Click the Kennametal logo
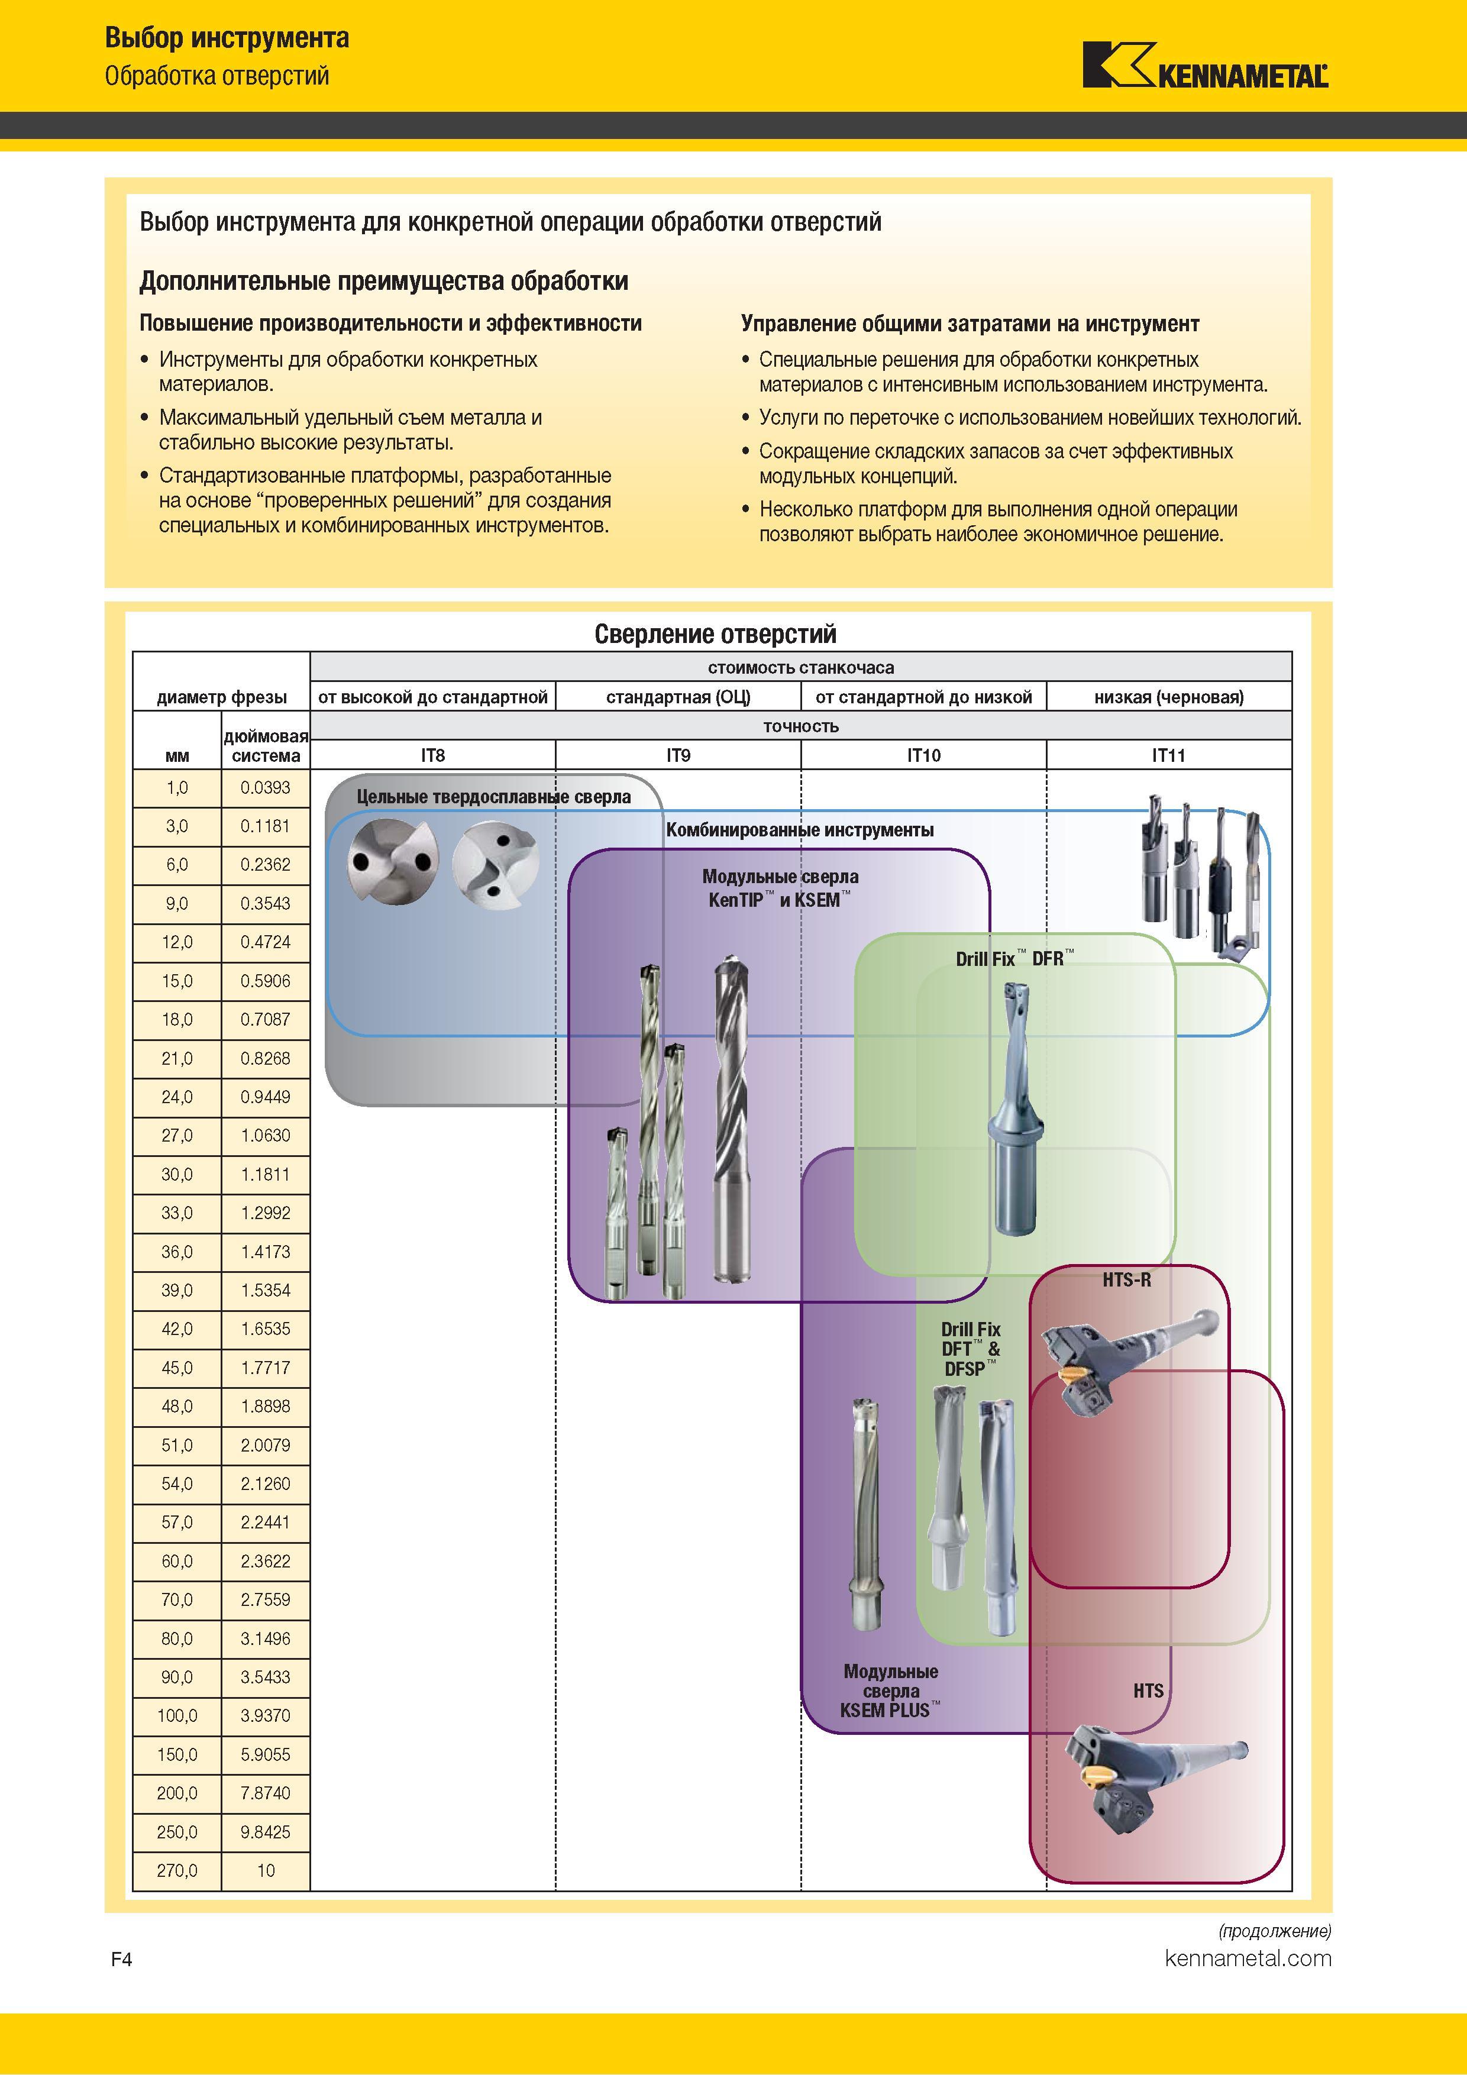[1206, 65]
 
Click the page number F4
[121, 1959]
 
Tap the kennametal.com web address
[1248, 1958]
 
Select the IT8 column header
[433, 755]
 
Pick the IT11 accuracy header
[1169, 755]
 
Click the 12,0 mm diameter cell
[177, 943]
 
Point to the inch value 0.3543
[266, 904]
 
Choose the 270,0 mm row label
[177, 1871]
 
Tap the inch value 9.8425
[266, 1832]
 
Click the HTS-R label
[1126, 1279]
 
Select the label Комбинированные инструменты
[800, 830]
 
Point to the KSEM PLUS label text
[890, 1710]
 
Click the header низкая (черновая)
[1169, 697]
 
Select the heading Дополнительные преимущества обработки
[383, 281]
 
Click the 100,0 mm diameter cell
[177, 1715]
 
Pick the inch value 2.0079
[266, 1445]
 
